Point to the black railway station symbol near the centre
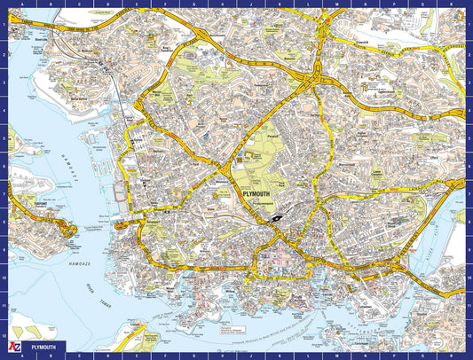coord(277,215)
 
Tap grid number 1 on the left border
coord(4,25)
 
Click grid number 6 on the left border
coord(4,160)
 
